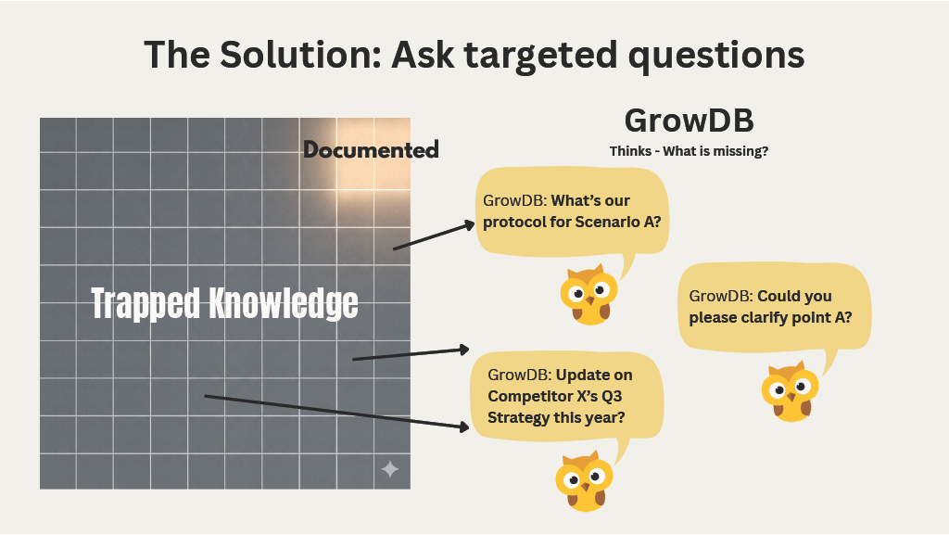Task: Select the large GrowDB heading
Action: tap(689, 121)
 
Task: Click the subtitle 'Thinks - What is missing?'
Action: tap(689, 151)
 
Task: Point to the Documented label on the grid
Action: tap(371, 149)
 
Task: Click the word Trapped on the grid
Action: tap(145, 303)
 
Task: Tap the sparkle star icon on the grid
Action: tap(390, 469)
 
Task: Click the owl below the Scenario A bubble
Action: tap(588, 294)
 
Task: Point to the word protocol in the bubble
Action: tap(513, 223)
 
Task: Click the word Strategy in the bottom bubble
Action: tap(520, 418)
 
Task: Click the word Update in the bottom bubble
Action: tap(581, 376)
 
